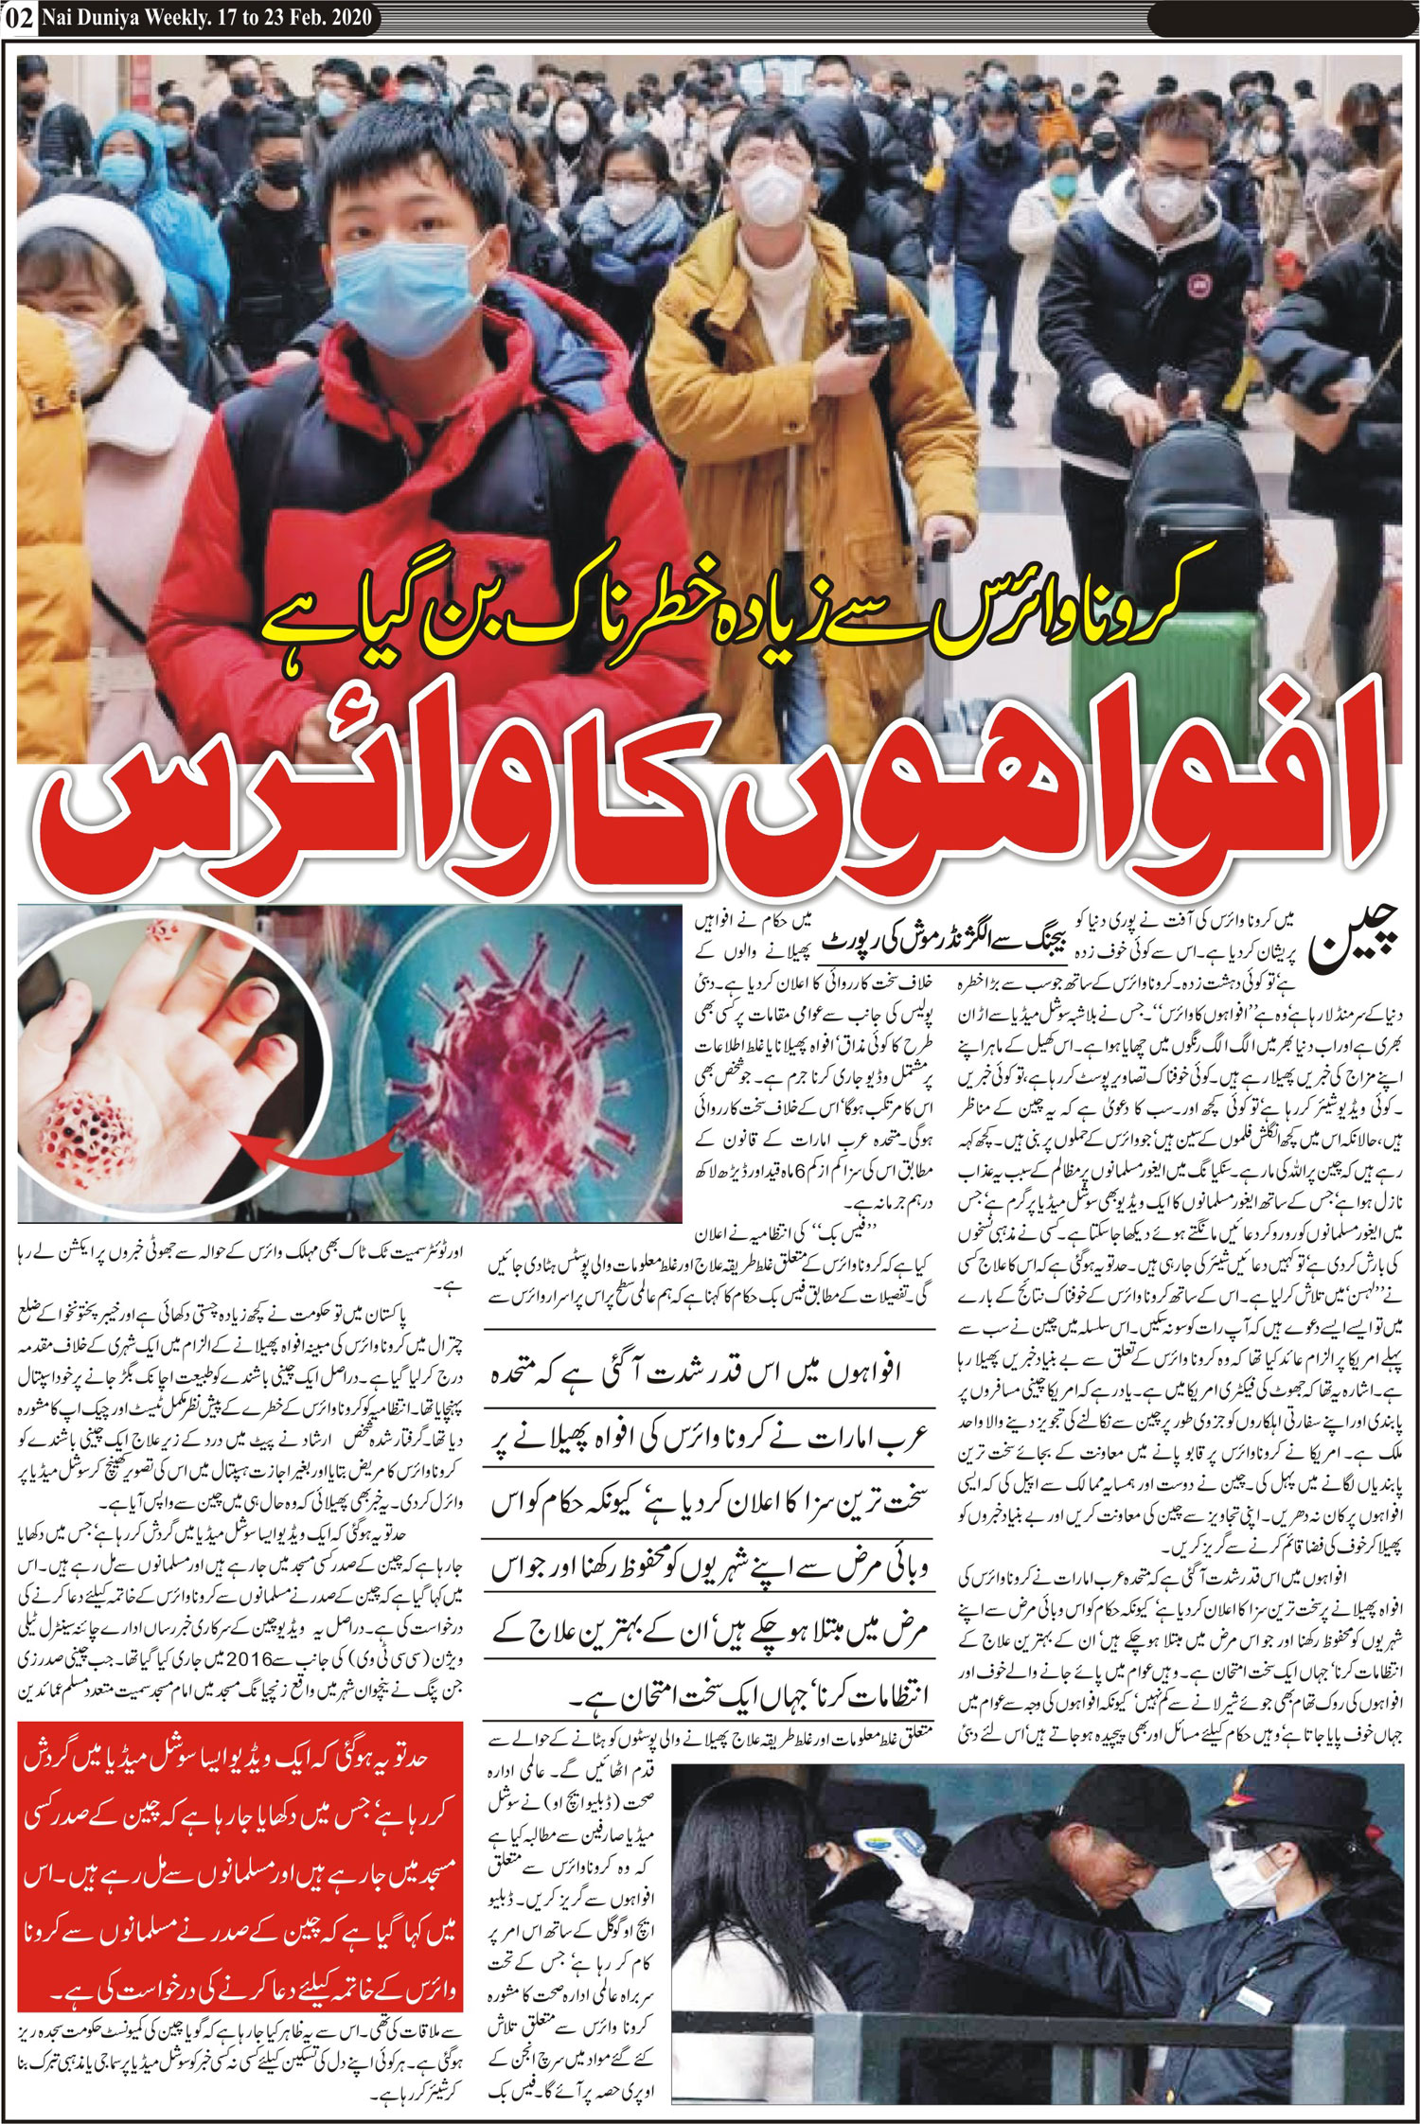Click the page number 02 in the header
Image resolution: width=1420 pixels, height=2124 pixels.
click(18, 18)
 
